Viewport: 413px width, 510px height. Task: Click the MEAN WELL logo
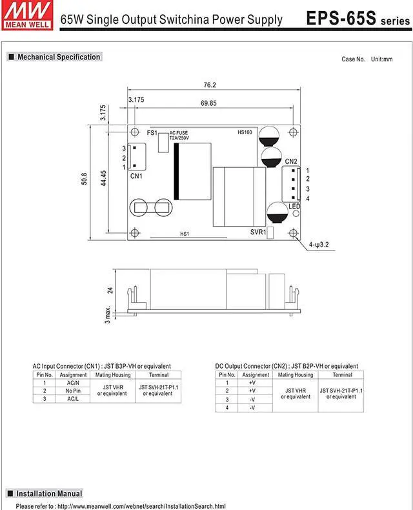point(27,15)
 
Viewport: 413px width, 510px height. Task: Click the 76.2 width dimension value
point(210,85)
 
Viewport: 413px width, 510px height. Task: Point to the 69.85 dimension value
point(208,103)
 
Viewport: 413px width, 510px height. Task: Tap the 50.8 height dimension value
point(85,179)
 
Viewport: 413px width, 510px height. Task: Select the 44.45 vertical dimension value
point(103,178)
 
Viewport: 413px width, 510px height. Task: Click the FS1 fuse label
point(152,133)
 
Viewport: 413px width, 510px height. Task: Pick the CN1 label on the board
point(136,176)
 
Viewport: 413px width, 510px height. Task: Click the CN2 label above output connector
point(291,161)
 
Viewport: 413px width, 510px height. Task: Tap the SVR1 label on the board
point(258,232)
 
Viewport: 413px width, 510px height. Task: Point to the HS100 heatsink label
point(245,132)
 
